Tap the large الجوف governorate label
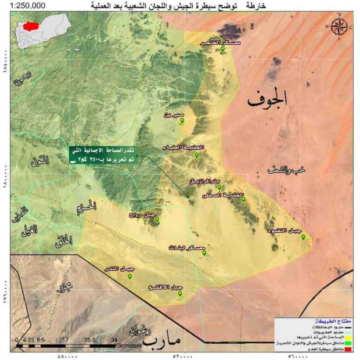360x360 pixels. pos(267,100)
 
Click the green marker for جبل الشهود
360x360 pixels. pos(303,238)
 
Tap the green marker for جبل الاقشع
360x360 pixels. pos(180,294)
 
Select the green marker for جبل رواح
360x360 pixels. pos(156,221)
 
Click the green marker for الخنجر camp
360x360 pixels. pos(222,50)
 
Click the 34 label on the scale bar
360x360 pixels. pos(114,339)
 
